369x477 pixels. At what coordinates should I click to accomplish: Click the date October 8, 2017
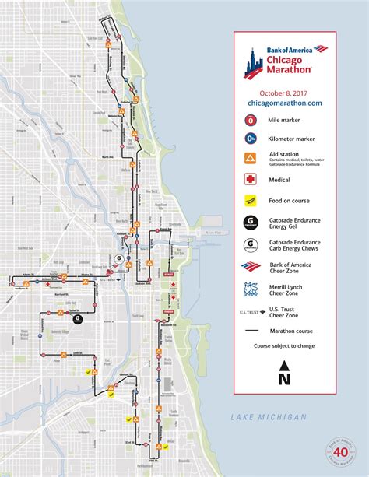click(284, 90)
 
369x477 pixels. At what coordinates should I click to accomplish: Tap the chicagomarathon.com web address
click(284, 102)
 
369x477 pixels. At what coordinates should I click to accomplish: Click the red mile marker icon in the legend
click(251, 121)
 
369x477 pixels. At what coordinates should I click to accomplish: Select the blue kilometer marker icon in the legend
click(251, 139)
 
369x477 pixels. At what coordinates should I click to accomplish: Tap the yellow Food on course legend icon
click(251, 200)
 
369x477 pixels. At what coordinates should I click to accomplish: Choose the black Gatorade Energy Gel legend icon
click(251, 222)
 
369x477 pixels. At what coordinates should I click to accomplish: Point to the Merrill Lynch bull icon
click(251, 289)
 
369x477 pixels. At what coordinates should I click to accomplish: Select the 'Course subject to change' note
click(284, 345)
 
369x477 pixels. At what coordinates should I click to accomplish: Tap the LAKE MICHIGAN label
click(268, 418)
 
